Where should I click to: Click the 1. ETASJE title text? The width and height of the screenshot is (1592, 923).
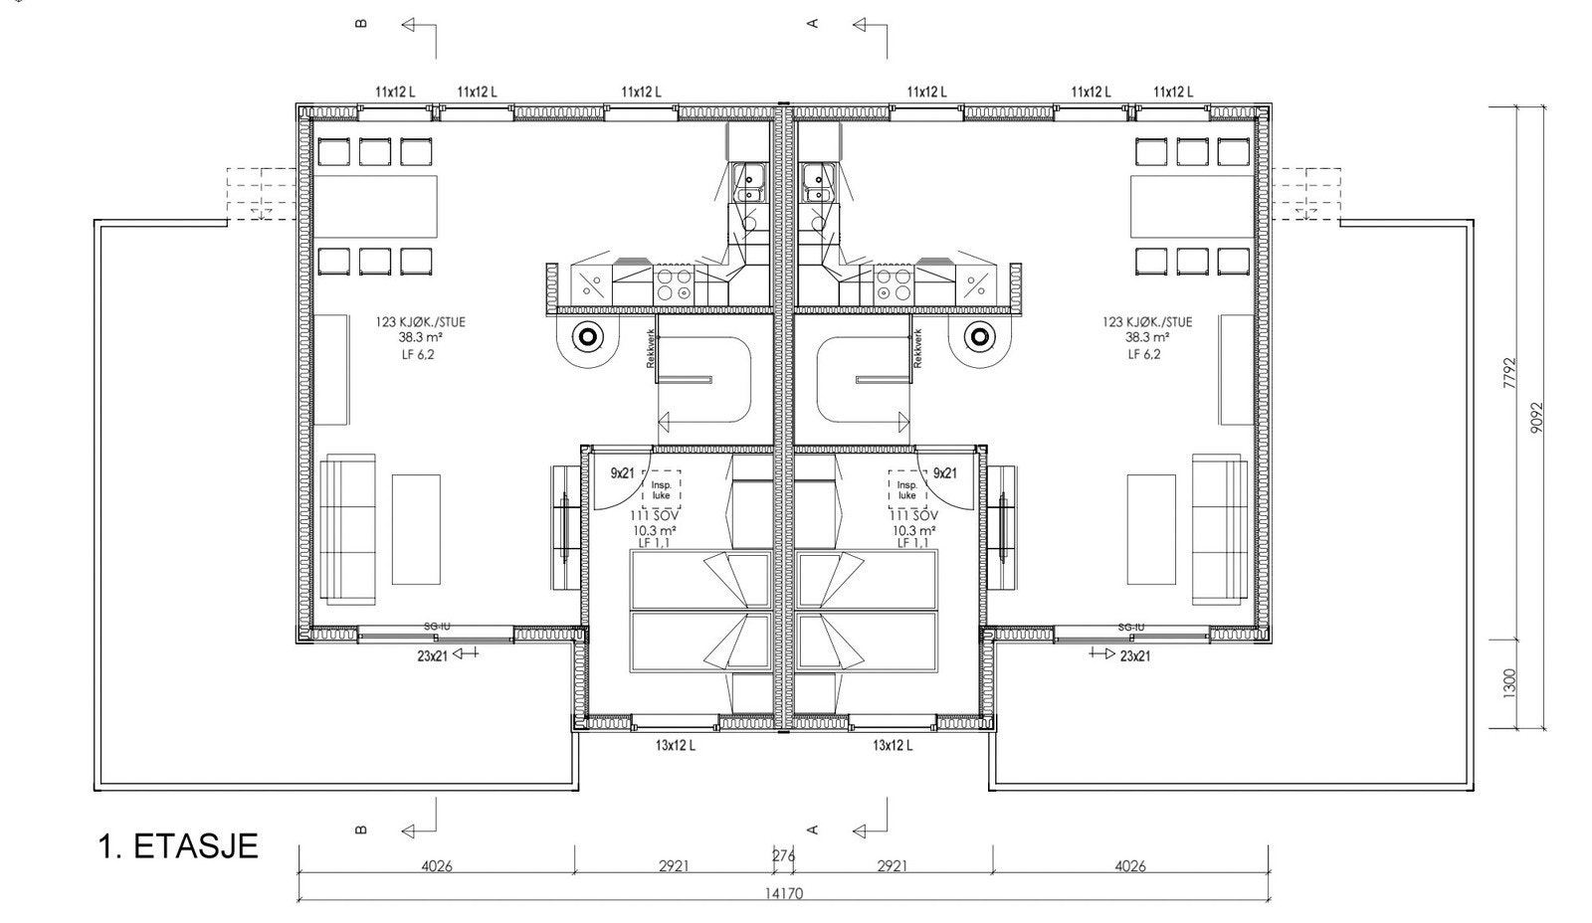click(178, 846)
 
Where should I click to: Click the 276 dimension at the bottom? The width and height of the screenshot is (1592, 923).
click(783, 854)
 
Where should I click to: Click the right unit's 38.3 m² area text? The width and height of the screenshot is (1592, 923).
click(1146, 337)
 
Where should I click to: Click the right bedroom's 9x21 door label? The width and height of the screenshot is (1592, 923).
click(944, 473)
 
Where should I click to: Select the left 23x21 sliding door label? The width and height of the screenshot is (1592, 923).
click(434, 655)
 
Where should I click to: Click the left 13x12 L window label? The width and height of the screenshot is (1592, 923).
click(675, 745)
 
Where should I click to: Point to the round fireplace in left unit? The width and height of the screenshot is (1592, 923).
click(587, 337)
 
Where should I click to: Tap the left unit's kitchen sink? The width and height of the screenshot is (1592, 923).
click(747, 182)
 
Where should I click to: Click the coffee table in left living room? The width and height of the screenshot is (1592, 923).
click(416, 529)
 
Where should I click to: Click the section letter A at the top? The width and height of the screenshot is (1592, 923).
click(812, 23)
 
